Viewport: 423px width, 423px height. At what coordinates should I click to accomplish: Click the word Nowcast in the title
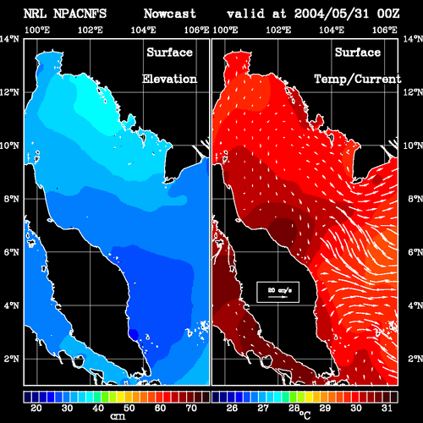170,14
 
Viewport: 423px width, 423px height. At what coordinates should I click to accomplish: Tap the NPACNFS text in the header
80,14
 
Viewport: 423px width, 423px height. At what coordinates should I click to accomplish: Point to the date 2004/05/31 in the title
332,14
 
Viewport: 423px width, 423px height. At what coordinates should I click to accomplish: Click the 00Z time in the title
388,14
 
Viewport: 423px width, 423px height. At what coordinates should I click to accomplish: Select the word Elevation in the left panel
169,79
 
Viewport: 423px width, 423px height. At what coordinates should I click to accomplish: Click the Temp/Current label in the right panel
358,79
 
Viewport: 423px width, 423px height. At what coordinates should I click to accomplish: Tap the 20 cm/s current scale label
279,290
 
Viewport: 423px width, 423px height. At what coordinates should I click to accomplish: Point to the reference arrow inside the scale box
277,297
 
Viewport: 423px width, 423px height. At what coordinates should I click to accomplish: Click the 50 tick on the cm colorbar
129,408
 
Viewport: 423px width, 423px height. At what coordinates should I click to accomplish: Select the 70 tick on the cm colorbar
191,408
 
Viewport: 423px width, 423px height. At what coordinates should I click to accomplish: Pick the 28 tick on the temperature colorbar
294,408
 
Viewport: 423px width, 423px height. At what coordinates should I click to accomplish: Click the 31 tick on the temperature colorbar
387,408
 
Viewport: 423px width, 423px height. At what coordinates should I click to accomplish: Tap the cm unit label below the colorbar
118,416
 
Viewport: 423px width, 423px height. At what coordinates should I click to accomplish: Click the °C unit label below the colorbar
305,415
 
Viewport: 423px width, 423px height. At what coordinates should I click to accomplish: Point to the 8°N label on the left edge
12,199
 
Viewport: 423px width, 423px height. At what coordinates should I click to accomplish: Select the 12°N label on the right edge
413,92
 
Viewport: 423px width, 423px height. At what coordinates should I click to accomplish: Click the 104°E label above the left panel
143,30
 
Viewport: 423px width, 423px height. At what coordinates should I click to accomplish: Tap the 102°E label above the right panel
278,30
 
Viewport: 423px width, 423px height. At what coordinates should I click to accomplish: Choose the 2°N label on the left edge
12,359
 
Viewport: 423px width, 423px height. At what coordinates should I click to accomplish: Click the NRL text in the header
35,14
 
